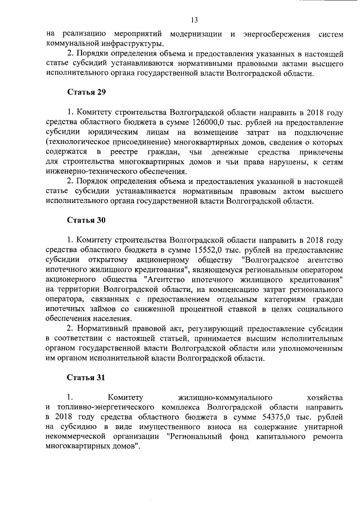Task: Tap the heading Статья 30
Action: pyautogui.click(x=86, y=219)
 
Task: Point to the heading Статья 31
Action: pyautogui.click(x=86, y=377)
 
